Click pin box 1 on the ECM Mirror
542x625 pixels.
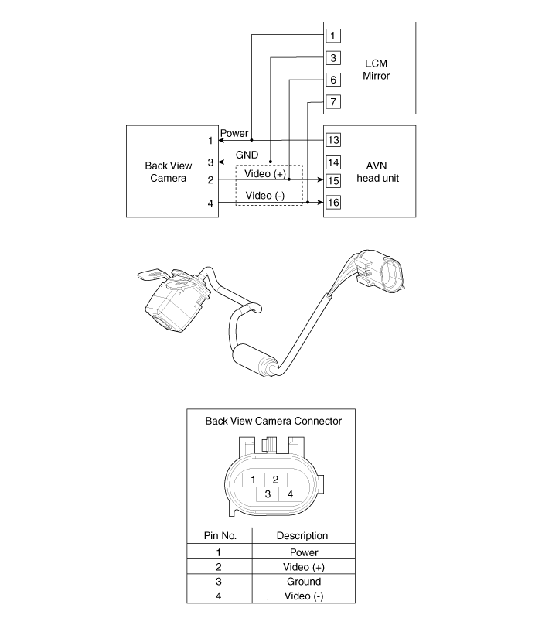(332, 36)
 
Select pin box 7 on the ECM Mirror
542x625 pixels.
(332, 101)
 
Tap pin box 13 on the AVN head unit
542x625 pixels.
(333, 140)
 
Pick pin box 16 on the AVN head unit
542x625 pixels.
(333, 203)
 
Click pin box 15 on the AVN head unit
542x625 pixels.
(333, 181)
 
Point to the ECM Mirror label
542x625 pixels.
(376, 70)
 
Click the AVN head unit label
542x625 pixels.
(375, 172)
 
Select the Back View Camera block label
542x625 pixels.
(167, 172)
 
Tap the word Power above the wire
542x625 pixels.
(234, 134)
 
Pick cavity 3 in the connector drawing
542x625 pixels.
(267, 494)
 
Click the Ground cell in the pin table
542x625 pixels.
(304, 582)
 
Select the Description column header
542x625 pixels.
(302, 535)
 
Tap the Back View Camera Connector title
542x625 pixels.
(273, 422)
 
